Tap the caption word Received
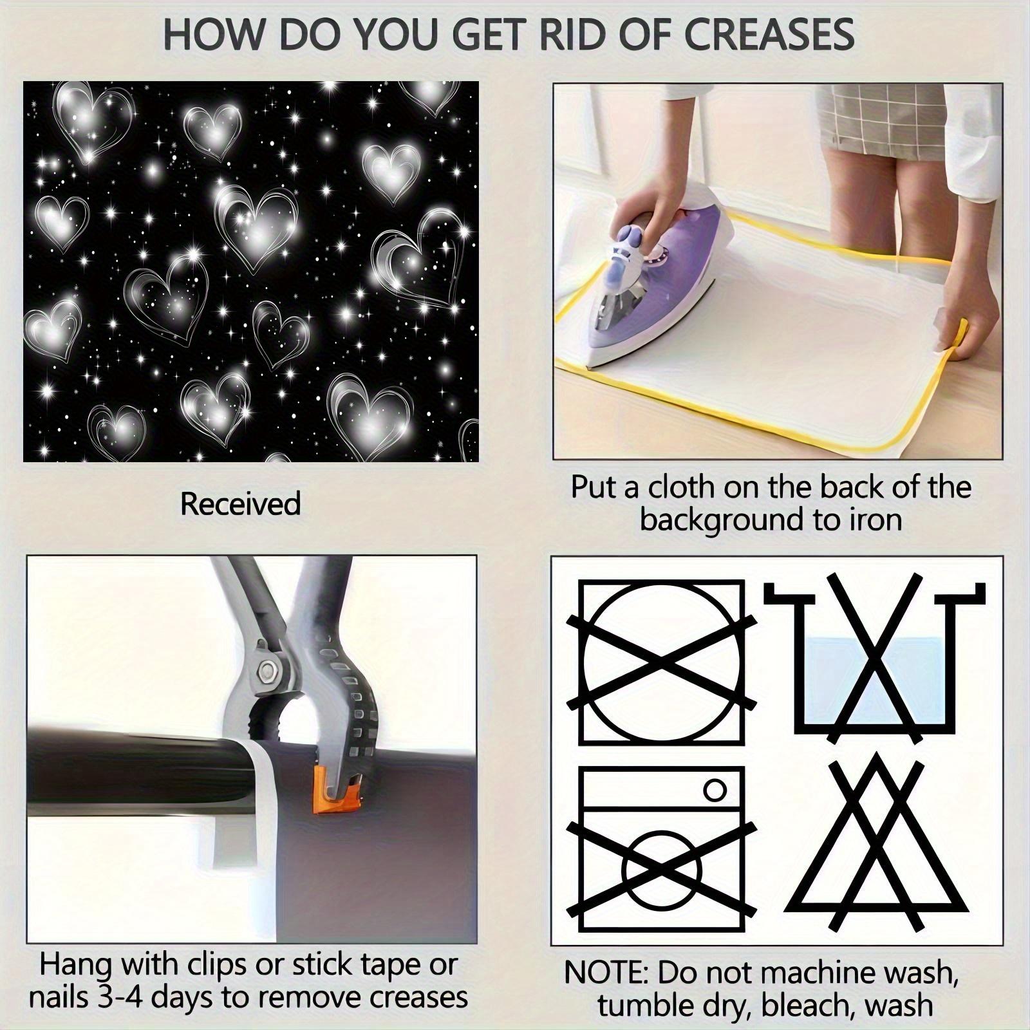click(x=241, y=503)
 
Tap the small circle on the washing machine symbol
click(x=715, y=789)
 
